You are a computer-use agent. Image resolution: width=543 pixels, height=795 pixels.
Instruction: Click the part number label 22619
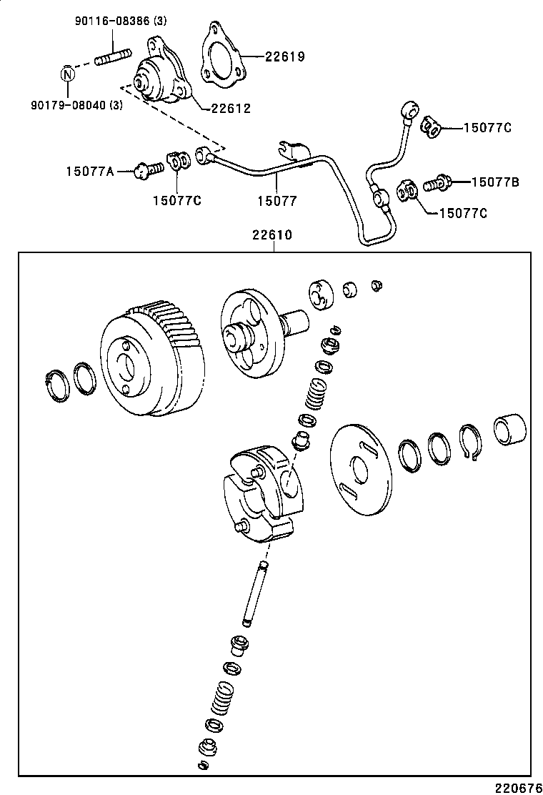(284, 56)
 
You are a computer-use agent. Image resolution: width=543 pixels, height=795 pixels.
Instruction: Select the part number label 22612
(230, 108)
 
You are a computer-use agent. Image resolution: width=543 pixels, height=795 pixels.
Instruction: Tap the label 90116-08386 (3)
(121, 21)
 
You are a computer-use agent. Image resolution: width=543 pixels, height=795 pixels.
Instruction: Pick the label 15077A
(90, 170)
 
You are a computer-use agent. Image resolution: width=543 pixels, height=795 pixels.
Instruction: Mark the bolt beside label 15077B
(435, 184)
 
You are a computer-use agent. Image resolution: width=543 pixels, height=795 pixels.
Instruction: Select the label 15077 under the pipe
(277, 202)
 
